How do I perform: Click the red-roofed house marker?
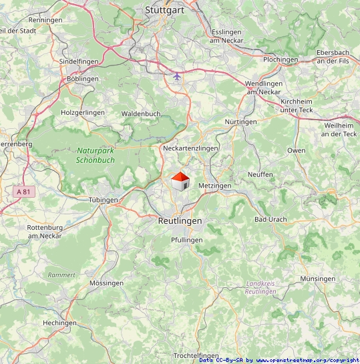pos(180,182)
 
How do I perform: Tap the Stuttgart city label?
pos(166,10)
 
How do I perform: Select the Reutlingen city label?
pos(180,220)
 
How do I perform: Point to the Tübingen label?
pos(103,200)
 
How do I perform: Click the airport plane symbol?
pos(176,77)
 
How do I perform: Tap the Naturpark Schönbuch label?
pos(96,156)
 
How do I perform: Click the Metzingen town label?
pos(214,185)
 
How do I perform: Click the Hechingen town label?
pos(59,323)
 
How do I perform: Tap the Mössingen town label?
pos(106,283)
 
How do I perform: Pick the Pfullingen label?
pos(187,240)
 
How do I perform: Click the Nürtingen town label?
pos(240,122)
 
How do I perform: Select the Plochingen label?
pos(281,59)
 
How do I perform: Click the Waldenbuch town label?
pos(141,114)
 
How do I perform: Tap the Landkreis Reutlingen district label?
pos(260,287)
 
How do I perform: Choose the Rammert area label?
pos(61,275)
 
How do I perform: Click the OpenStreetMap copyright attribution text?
pos(279,360)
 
